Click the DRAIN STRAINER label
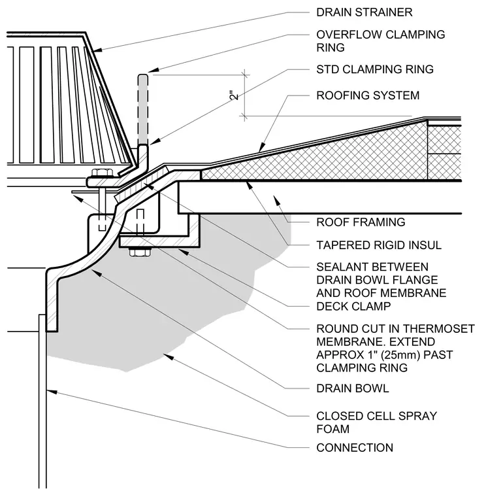pyautogui.click(x=364, y=12)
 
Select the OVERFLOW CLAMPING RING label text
pyautogui.click(x=381, y=41)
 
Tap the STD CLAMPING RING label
pyautogui.click(x=375, y=69)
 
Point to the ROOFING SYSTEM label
pyautogui.click(x=368, y=95)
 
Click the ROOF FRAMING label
pyautogui.click(x=361, y=222)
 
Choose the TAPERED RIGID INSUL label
pyautogui.click(x=379, y=245)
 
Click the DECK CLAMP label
pyautogui.click(x=353, y=306)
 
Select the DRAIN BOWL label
pyautogui.click(x=352, y=388)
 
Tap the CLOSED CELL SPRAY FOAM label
pyautogui.click(x=376, y=422)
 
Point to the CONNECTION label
pyautogui.click(x=355, y=447)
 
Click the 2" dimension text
pyautogui.click(x=235, y=95)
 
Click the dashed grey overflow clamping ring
pyautogui.click(x=143, y=109)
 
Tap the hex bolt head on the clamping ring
pyautogui.click(x=102, y=173)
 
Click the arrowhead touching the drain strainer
pyautogui.click(x=97, y=50)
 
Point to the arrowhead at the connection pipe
pyautogui.click(x=52, y=392)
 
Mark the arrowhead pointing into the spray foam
pyautogui.click(x=168, y=356)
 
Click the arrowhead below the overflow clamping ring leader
pyautogui.click(x=154, y=142)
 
